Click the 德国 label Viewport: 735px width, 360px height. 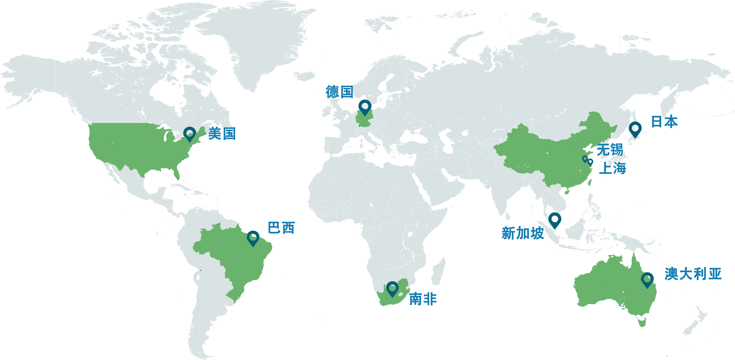pos(339,92)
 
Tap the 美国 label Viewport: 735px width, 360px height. pos(222,134)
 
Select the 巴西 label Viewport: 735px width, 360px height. pos(281,228)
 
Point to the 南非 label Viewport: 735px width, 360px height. pos(423,299)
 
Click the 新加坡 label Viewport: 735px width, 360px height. pos(522,233)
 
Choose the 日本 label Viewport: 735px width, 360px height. pos(664,122)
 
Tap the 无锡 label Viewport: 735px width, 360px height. pos(610,150)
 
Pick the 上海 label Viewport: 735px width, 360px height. pos(612,168)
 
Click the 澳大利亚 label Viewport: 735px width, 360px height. pos(693,274)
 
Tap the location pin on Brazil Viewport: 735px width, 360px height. pos(253,238)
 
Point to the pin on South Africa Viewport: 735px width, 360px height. pos(392,288)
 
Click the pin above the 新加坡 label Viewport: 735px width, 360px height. pos(555,220)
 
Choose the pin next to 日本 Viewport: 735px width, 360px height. pos(635,129)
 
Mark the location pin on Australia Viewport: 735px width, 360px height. pos(647,280)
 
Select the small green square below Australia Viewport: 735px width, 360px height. pos(642,322)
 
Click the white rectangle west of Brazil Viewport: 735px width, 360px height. pos(147,267)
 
